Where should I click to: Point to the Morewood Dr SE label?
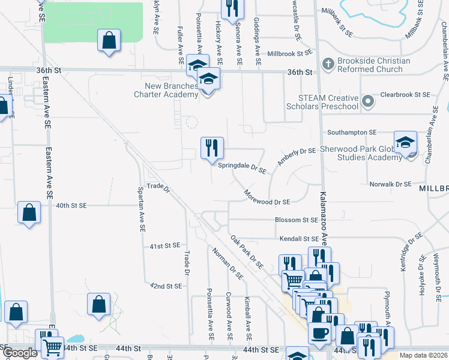(267, 198)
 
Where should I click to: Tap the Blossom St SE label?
(296, 220)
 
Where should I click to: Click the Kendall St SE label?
(298, 239)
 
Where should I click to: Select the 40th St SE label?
(71, 205)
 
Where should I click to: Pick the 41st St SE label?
(165, 245)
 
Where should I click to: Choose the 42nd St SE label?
(166, 286)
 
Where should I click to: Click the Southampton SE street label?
(351, 132)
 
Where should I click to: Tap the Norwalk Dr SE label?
(390, 184)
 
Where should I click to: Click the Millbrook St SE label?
(290, 53)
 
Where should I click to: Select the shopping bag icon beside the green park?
(109, 41)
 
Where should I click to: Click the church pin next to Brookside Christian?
(328, 63)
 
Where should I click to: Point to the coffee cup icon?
(319, 332)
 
